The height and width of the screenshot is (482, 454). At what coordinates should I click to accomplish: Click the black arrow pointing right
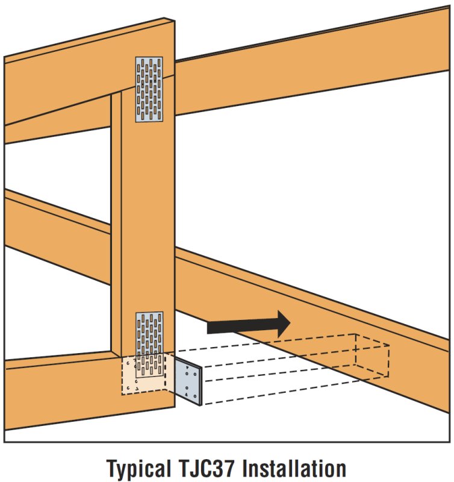tap(247, 324)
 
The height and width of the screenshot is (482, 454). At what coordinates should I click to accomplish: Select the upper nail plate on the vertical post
tap(149, 90)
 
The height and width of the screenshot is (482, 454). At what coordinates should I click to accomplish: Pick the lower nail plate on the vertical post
tap(149, 334)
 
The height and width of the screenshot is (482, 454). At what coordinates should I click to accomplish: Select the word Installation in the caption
tap(301, 466)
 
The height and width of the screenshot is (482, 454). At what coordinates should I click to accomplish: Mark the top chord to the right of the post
tap(313, 66)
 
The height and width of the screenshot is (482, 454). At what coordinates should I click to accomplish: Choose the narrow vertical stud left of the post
tap(116, 223)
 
